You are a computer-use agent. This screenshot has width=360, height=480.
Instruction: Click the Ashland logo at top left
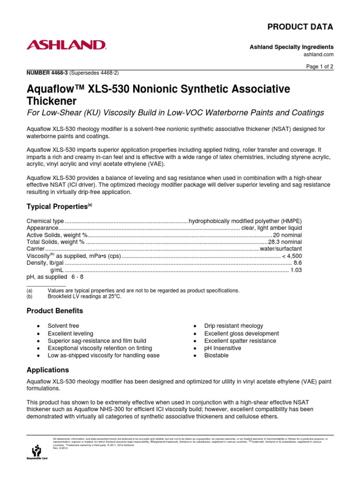coord(66,45)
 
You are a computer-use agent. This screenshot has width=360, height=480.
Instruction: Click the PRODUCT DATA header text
coord(300,27)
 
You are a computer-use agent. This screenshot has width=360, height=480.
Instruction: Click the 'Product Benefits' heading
coord(55,311)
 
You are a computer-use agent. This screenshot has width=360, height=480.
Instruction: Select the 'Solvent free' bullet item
coord(63,326)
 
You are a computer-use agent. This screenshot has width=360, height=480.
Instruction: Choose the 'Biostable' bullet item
coord(217,356)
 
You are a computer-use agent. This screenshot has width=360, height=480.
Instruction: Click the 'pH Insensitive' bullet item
coord(223,348)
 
